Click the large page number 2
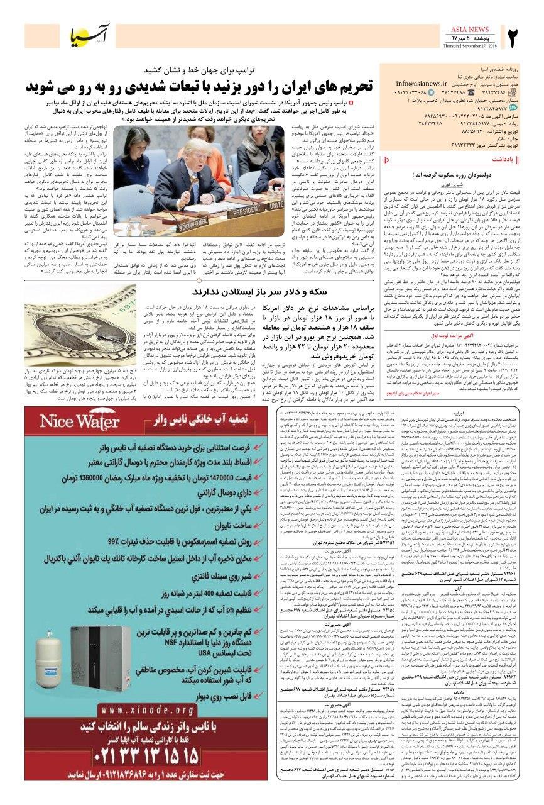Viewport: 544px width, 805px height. (x=518, y=40)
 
